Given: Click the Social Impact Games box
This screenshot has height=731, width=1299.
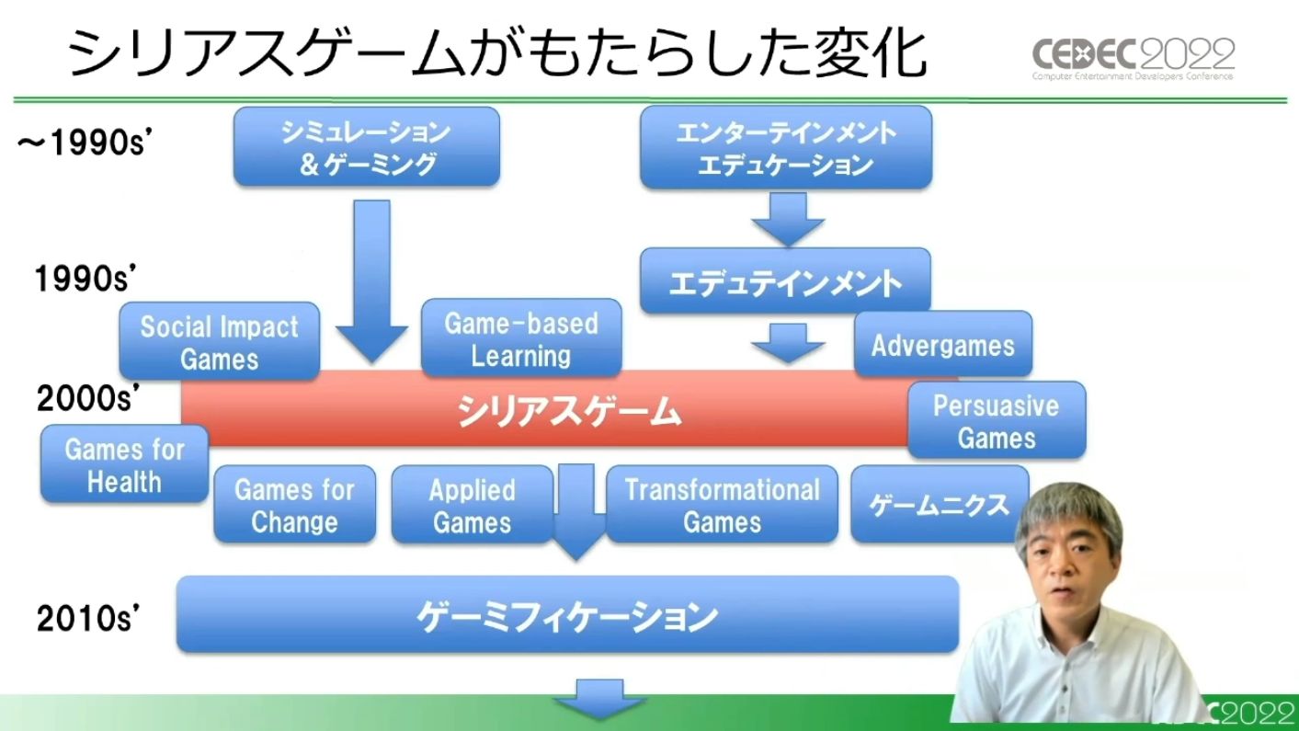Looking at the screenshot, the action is coord(219,341).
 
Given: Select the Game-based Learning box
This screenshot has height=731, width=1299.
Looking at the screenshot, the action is coord(521,337).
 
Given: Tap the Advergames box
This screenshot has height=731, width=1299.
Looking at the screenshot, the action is coord(943,344).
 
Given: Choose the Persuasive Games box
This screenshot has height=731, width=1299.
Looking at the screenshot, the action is coord(997,420).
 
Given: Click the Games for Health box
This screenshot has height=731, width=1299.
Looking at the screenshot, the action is coord(125,464).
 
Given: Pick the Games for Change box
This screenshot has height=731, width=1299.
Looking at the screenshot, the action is coord(294,504).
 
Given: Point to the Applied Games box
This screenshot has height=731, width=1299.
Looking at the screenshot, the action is coord(472,504).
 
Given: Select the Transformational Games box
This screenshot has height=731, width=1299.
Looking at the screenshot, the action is coord(722,504).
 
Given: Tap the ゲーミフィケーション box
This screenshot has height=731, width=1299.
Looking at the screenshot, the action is coord(568,614).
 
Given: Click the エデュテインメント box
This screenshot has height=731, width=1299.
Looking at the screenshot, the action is coord(786,281).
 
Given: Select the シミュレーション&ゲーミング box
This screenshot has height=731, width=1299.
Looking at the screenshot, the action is coord(367,146).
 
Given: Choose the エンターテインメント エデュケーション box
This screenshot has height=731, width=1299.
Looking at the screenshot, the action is coord(786,147).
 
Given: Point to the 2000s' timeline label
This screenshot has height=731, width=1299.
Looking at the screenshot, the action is coord(88,398).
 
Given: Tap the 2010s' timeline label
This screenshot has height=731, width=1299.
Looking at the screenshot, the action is coord(88,619).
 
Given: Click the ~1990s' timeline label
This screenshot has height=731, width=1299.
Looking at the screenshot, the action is coord(85,143).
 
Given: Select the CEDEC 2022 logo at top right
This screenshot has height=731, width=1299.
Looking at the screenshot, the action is coord(1134,59).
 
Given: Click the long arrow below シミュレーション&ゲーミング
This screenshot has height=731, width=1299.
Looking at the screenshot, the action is coord(371,281).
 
